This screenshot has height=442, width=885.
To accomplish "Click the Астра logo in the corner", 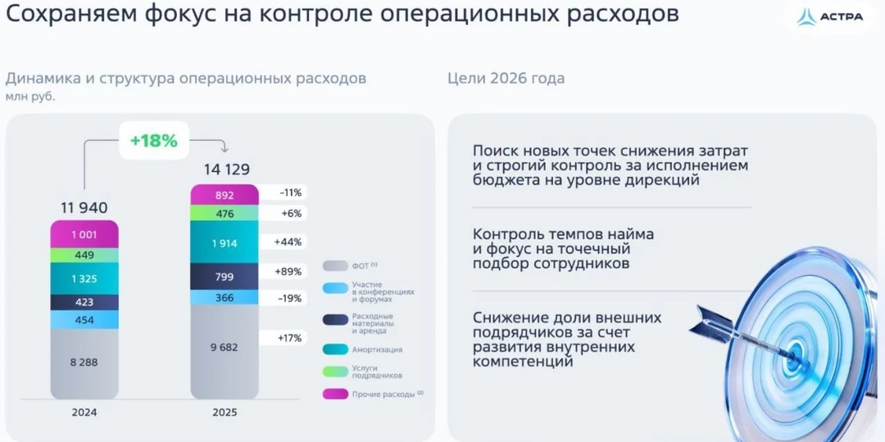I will (829, 17).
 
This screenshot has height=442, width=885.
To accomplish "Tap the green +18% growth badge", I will (153, 140).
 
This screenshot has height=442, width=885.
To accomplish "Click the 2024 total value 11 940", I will (84, 208).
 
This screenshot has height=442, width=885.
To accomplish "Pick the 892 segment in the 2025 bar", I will (225, 195).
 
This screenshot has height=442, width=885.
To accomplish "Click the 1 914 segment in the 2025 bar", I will (225, 242).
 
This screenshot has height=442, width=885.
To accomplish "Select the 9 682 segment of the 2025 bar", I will (225, 347).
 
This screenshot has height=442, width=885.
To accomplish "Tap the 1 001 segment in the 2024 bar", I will (84, 234).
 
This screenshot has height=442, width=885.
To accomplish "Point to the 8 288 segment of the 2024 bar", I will (84, 361).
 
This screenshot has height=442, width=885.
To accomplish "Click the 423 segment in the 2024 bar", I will (84, 302).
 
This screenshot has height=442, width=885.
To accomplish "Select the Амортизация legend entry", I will (377, 350).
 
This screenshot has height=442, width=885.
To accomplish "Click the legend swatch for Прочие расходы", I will (334, 395).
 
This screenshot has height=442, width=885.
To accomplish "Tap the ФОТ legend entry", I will (365, 266).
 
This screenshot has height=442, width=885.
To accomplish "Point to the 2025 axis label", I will (225, 413).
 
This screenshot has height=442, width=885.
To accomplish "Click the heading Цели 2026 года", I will (506, 79).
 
